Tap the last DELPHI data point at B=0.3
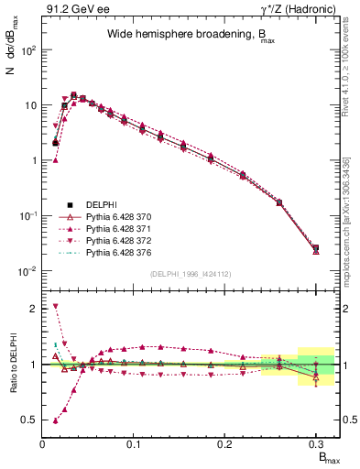click(x=316, y=247)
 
